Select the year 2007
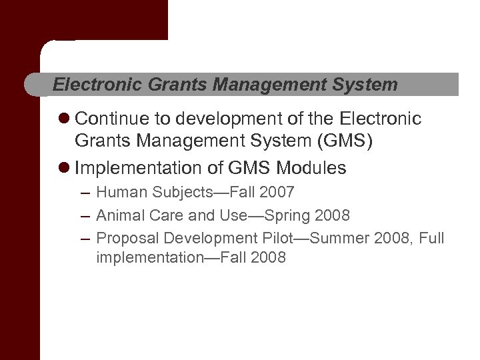coord(276,193)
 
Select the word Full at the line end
coord(431,238)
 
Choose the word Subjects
coord(179,193)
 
